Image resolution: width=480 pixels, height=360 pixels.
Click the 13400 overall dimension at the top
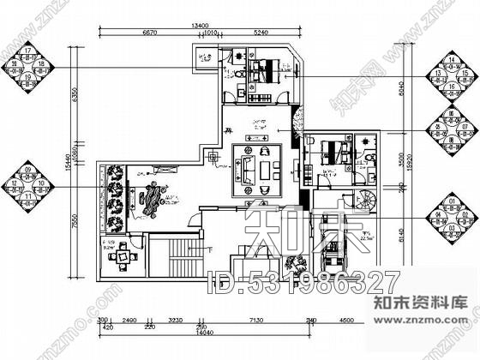[201, 27]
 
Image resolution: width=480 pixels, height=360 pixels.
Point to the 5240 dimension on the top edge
[263, 36]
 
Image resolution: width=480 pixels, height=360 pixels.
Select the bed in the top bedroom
[264, 69]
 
